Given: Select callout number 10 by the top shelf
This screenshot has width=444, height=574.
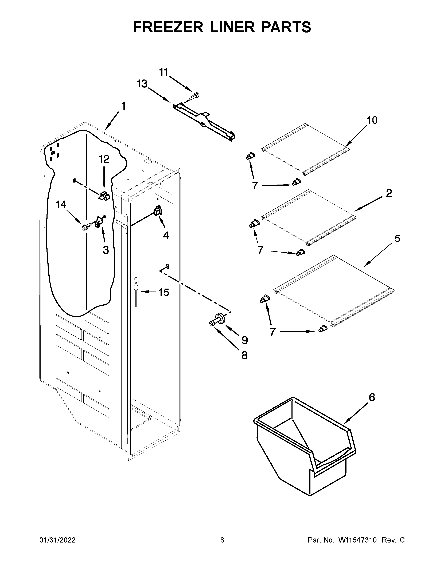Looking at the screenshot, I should point(372,120).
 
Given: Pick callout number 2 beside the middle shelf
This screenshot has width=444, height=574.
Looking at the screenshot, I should point(389,193).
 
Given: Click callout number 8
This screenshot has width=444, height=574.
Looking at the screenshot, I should point(244,355).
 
